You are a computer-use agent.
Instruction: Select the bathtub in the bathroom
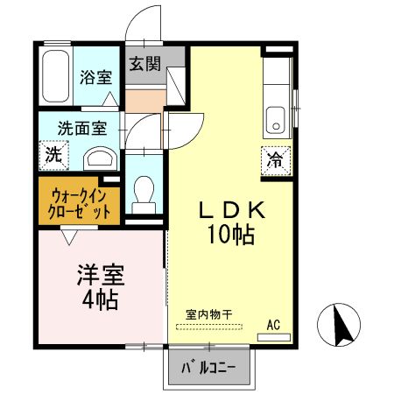coord(55,78)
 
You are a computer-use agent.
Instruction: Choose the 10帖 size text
coord(231,234)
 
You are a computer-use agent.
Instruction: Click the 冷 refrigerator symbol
coord(274,160)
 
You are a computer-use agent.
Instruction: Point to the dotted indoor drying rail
coord(212,327)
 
